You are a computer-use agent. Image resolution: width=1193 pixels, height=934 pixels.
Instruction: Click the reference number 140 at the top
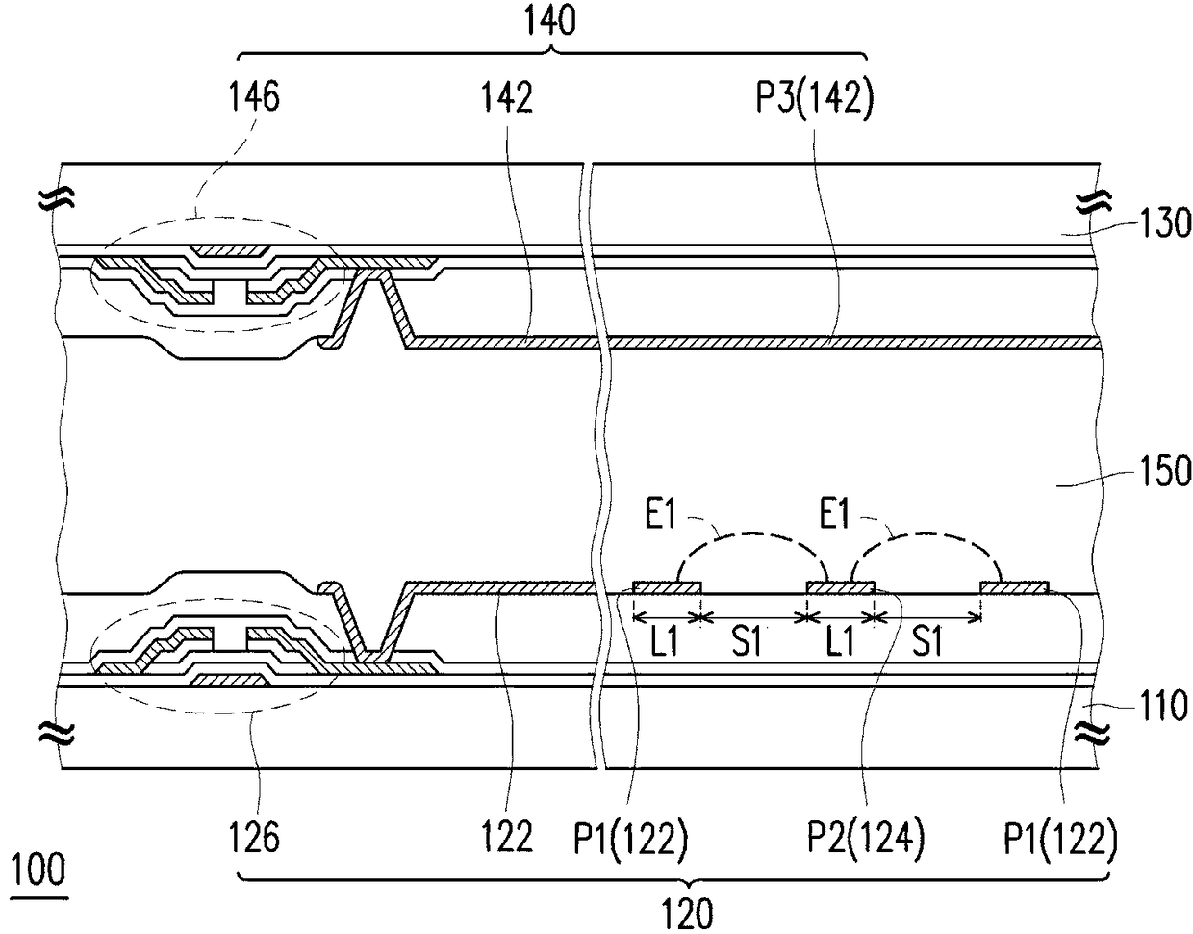pyautogui.click(x=550, y=20)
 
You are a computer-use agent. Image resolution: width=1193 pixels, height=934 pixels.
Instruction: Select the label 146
pyautogui.click(x=254, y=96)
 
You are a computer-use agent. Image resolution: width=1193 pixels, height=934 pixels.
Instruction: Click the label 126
pyautogui.click(x=254, y=837)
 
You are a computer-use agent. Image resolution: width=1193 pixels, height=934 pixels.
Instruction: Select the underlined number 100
pyautogui.click(x=38, y=870)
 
